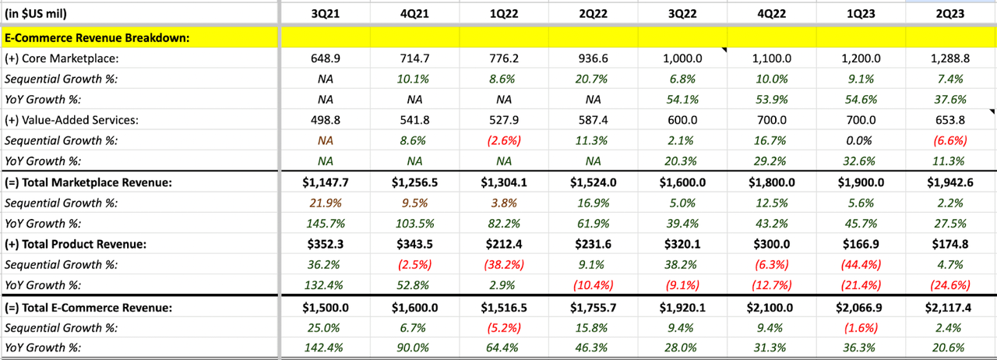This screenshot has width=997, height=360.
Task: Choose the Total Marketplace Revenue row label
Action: pyautogui.click(x=88, y=182)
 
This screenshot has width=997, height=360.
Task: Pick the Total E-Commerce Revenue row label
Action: pyautogui.click(x=88, y=307)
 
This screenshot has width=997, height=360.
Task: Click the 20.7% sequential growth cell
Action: pyautogui.click(x=594, y=79)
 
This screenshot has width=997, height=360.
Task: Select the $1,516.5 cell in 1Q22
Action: pyautogui.click(x=504, y=307)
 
